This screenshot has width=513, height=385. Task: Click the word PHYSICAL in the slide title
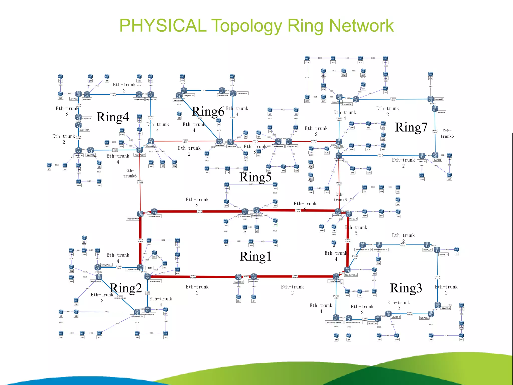click(x=163, y=26)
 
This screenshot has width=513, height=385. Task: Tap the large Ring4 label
click(x=113, y=117)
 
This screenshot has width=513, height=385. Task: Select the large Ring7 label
click(x=411, y=127)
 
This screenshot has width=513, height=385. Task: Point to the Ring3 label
click(x=406, y=288)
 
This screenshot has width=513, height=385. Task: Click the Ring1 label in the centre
click(x=255, y=256)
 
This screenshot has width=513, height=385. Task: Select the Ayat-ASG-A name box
click(x=439, y=99)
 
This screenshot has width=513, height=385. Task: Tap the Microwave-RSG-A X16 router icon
click(x=141, y=214)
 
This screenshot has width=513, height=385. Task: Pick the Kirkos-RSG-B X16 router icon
click(x=254, y=277)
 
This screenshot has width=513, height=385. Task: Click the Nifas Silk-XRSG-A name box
click(x=351, y=275)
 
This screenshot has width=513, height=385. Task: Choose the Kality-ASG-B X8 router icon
click(x=437, y=305)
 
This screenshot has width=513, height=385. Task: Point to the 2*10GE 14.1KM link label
click(x=437, y=277)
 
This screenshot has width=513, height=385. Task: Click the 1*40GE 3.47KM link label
click(x=140, y=182)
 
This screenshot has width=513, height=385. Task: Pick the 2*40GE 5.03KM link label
click(x=193, y=276)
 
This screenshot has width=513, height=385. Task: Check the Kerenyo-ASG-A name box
click(x=106, y=265)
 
